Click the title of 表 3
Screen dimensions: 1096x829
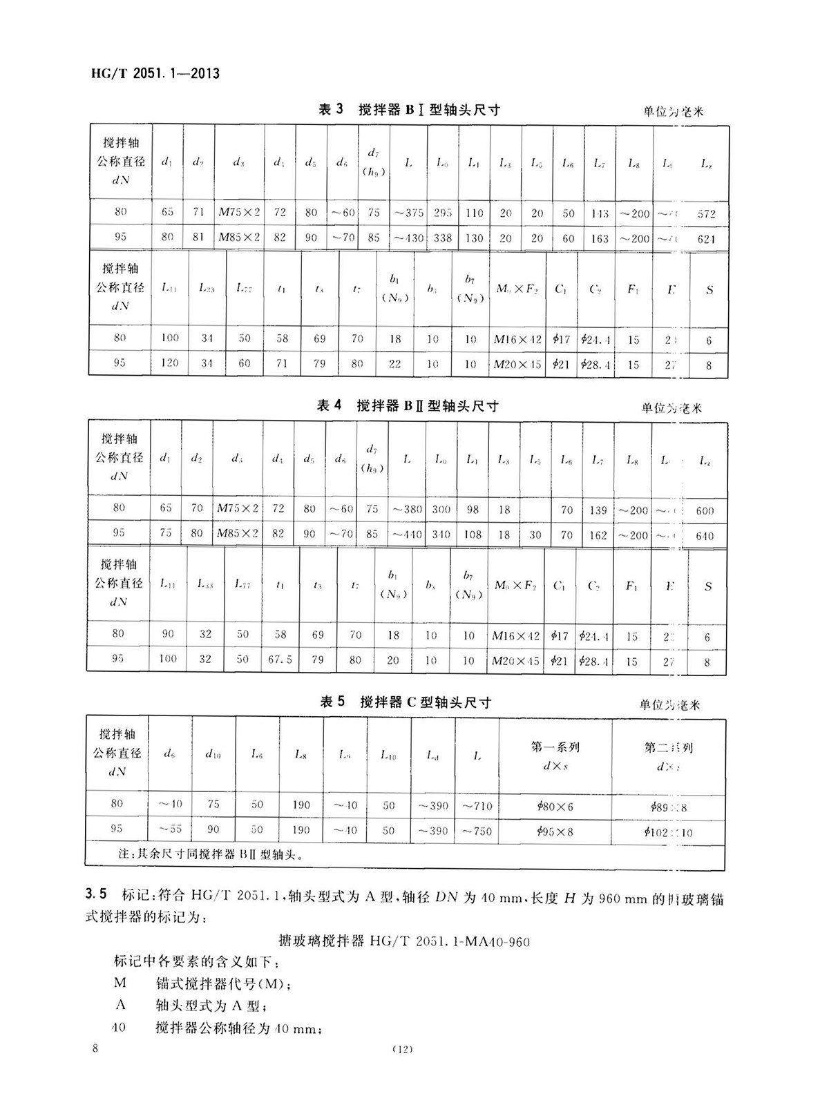408,109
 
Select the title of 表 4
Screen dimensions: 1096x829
407,406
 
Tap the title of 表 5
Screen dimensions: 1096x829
406,703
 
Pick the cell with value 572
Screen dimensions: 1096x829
706,214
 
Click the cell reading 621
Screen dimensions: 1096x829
706,239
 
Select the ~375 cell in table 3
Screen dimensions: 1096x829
408,213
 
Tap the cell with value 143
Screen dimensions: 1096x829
600,214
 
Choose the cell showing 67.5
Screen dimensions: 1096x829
280,660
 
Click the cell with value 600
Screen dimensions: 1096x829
705,511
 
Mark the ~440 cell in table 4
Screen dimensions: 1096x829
407,535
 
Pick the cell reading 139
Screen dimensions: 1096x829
598,510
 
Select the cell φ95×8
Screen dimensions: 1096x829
555,831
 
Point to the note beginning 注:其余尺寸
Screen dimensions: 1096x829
211,855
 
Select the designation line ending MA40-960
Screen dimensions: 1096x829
404,941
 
